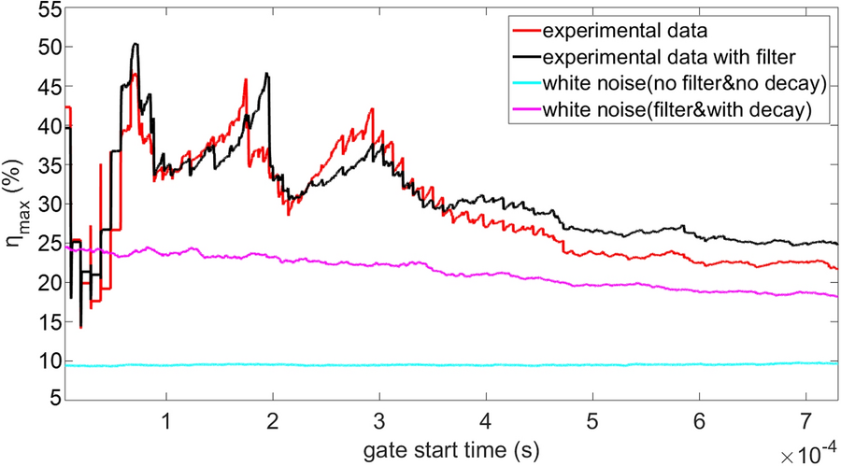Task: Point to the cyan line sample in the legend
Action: coord(520,85)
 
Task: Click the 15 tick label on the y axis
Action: coord(48,322)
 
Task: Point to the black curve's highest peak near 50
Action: coord(135,44)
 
